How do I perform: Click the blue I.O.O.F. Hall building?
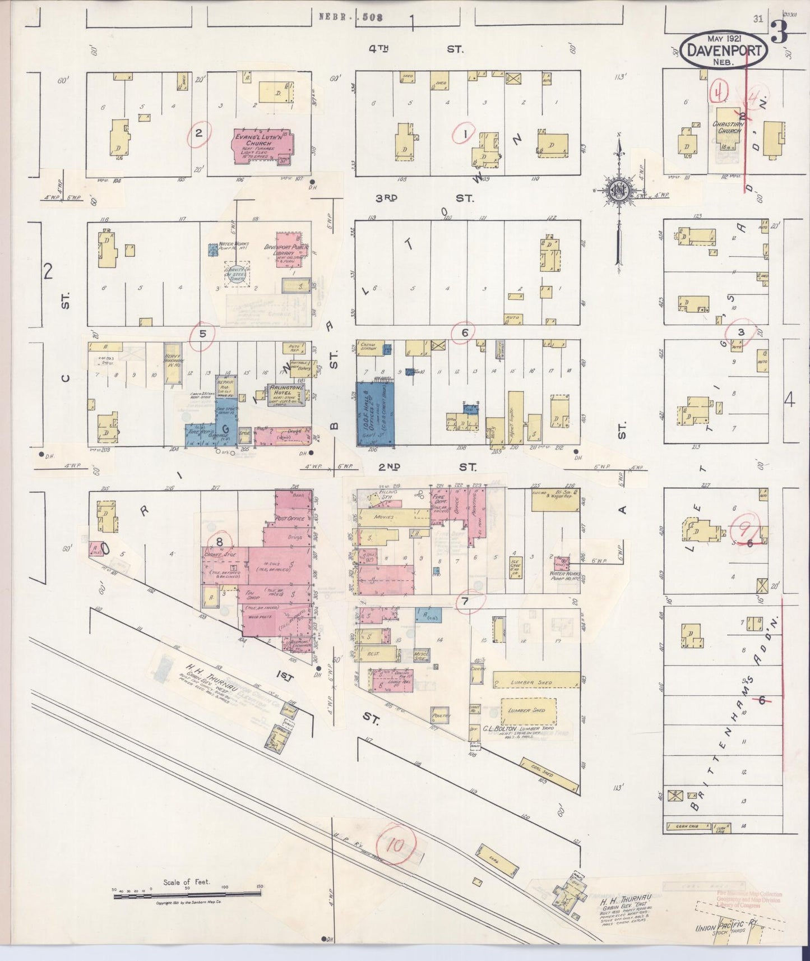375,413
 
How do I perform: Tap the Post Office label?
290,519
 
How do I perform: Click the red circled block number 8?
219,542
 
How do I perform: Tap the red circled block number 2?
198,133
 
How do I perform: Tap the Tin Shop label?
253,594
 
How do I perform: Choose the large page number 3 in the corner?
779,33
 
